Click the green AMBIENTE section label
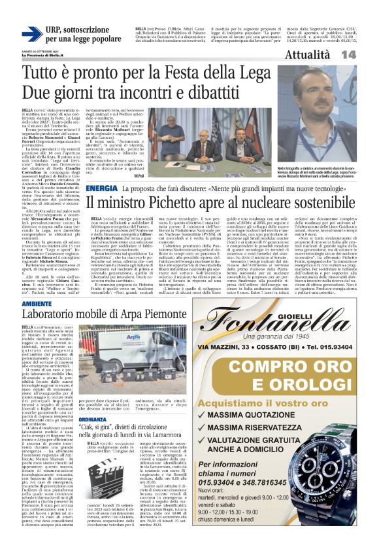click(x=37, y=304)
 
